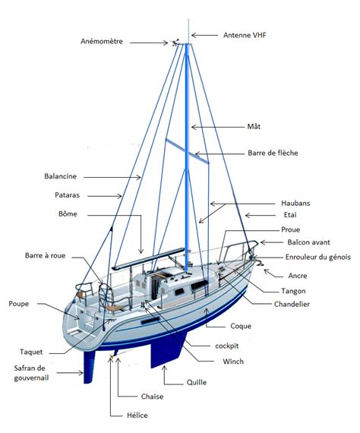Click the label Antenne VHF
[245, 35]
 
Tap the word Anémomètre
[102, 42]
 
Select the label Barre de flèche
[273, 153]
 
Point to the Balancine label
[61, 176]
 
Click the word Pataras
[67, 195]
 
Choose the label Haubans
[295, 204]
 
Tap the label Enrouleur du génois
[318, 257]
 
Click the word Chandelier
[292, 305]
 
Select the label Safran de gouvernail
[31, 373]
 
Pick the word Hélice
[137, 416]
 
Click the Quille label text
[197, 382]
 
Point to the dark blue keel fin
[166, 349]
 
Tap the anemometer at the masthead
[175, 43]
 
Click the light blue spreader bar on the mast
[187, 151]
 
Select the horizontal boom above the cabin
[148, 259]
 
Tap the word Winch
[233, 362]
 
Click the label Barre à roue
[46, 255]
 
